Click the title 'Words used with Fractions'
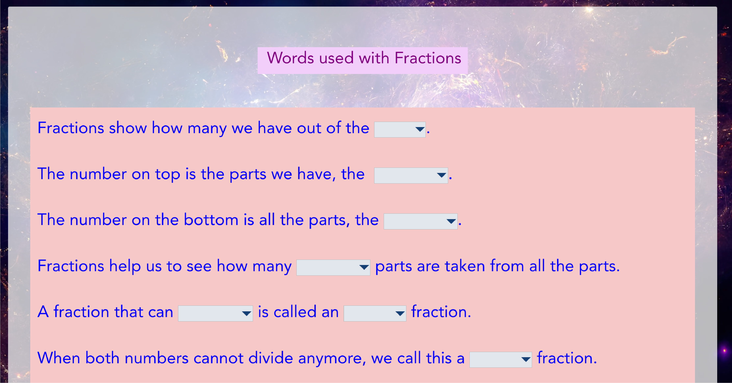364,58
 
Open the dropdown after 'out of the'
400,130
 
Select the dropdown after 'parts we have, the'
411,175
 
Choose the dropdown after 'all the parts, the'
421,221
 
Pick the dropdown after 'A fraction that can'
215,313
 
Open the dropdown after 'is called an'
375,313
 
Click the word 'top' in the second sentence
168,175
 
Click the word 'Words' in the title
290,58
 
